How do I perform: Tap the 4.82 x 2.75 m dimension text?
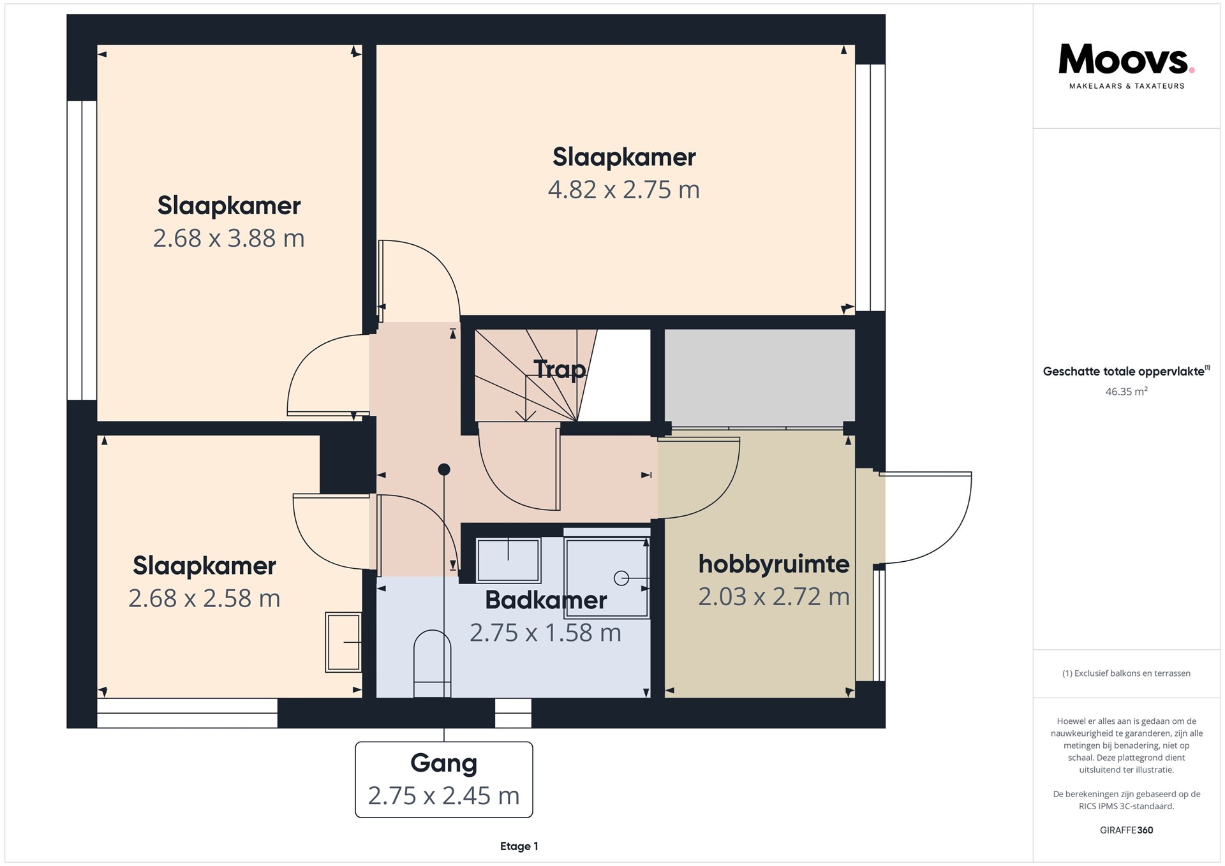[x=623, y=189]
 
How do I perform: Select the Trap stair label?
[x=560, y=369]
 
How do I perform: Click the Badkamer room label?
[x=546, y=600]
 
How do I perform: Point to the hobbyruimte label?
[x=773, y=564]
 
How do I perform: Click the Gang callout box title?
[x=443, y=763]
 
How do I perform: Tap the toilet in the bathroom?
[x=432, y=664]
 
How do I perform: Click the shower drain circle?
[x=621, y=578]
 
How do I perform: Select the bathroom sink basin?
[x=508, y=560]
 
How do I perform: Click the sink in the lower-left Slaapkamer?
[x=343, y=642]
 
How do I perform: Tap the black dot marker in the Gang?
[x=444, y=470]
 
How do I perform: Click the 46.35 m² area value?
[x=1126, y=392]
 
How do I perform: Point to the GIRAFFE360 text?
[x=1126, y=830]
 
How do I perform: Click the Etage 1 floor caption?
[x=519, y=846]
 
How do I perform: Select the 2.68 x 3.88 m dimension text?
[x=228, y=238]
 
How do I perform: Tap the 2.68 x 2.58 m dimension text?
[x=204, y=598]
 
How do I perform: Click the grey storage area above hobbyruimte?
[x=759, y=376]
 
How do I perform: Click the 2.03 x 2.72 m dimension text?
[x=773, y=596]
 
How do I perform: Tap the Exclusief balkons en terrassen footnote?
[x=1126, y=673]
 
